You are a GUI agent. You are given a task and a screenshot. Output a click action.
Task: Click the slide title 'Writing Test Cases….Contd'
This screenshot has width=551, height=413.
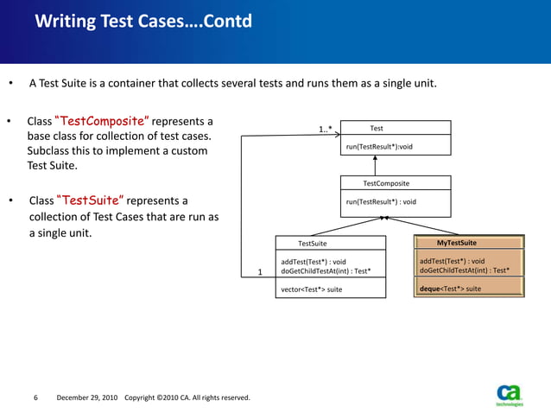143,21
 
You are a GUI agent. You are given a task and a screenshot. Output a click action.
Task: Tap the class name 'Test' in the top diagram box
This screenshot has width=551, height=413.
377,128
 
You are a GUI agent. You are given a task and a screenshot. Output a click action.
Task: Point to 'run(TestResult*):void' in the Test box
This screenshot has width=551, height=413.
379,146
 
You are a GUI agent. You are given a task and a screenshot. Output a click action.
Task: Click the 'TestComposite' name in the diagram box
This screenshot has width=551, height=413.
386,183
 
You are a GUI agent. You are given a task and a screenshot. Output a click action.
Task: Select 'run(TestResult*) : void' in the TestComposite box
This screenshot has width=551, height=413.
381,201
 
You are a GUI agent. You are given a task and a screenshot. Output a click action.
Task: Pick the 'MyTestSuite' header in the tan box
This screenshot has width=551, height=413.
456,243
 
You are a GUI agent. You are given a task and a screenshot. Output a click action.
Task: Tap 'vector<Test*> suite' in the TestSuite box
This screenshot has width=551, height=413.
311,289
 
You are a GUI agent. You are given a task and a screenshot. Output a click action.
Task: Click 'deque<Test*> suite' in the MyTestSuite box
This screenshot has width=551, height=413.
450,289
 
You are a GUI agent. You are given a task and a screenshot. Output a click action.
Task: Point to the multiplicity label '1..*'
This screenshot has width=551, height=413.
325,130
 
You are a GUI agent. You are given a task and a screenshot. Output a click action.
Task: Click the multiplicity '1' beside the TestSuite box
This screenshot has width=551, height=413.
261,272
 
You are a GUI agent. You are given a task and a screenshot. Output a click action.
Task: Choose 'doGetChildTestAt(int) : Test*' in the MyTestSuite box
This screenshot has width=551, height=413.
464,270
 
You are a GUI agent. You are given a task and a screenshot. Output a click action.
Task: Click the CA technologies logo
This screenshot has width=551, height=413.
510,392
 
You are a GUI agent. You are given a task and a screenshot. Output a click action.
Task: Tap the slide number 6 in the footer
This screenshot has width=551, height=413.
35,397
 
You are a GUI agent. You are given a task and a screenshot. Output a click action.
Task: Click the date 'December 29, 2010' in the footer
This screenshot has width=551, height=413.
87,397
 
